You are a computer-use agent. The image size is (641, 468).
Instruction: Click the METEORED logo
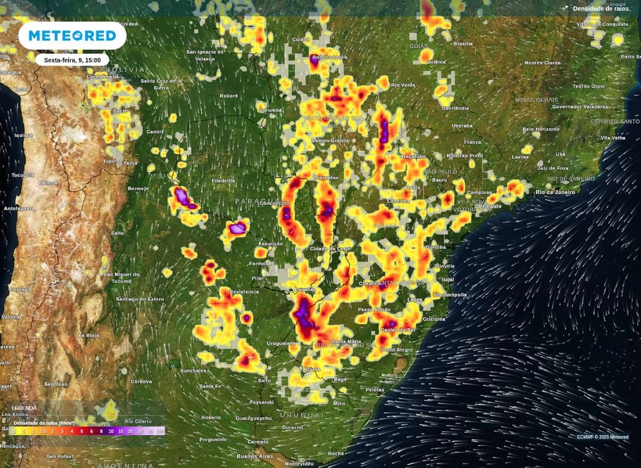click(73, 36)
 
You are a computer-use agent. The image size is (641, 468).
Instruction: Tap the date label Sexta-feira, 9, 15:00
click(72, 60)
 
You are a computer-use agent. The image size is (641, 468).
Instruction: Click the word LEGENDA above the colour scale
click(24, 408)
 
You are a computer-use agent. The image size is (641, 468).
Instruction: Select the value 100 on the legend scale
click(160, 431)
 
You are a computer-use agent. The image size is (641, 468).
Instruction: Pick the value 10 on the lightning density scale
click(111, 431)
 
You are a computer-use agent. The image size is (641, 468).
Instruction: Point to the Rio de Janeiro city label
click(555, 192)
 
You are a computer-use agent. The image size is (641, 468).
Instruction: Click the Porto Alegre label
click(396, 350)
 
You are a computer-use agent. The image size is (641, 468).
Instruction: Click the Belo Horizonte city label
click(541, 129)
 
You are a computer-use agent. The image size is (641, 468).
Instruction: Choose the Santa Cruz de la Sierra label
click(162, 84)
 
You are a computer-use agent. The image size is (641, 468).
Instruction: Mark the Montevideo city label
click(299, 464)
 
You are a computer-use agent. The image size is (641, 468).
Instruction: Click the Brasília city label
click(463, 44)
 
